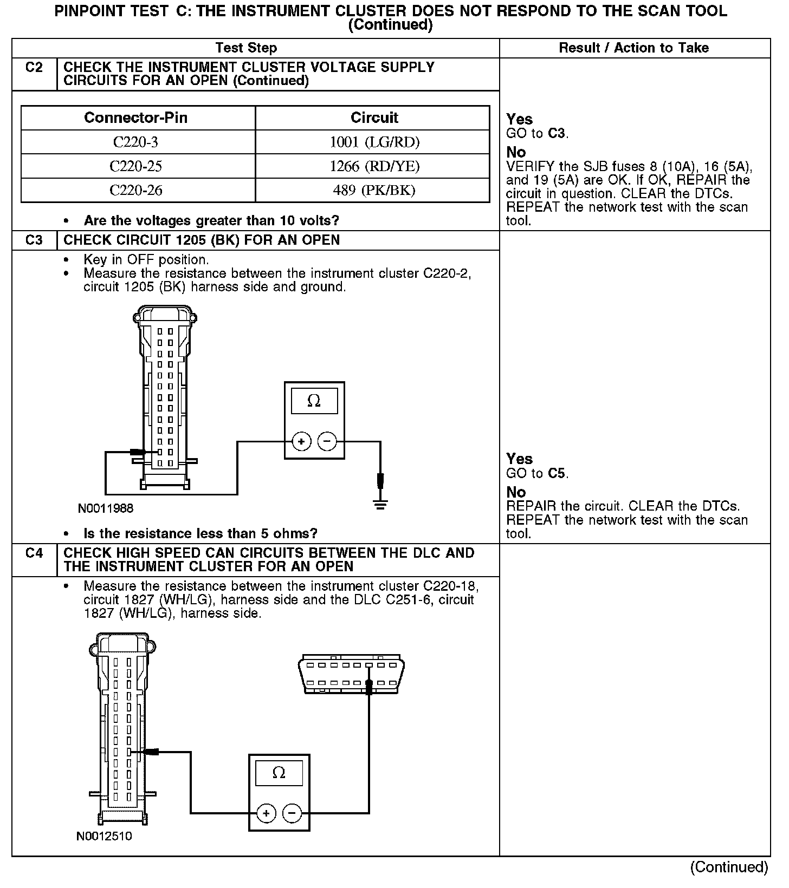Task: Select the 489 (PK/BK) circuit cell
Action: coord(374,190)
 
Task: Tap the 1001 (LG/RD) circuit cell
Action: coord(374,142)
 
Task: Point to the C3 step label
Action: coord(34,240)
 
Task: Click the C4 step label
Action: coord(34,553)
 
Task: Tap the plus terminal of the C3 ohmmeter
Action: coord(301,442)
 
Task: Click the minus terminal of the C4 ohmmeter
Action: coord(292,813)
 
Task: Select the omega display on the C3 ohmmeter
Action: coord(314,401)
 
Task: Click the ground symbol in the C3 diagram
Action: coord(380,505)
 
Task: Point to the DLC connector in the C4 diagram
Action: coord(351,674)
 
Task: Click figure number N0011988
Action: coord(106,508)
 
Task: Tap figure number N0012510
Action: coord(104,836)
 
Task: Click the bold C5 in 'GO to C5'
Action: coord(558,473)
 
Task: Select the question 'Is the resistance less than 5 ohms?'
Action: coord(201,533)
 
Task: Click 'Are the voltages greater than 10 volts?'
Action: coord(211,220)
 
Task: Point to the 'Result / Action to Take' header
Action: coord(633,48)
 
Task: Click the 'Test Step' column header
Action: coord(246,48)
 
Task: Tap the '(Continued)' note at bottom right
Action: coord(729,867)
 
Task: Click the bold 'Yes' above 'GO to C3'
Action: coord(519,119)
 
